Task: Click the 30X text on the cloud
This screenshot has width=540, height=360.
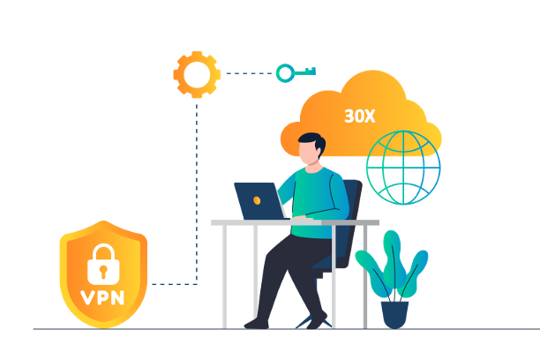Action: [x=359, y=116]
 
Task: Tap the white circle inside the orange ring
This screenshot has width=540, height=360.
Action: [x=197, y=76]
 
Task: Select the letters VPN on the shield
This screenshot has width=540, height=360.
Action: [x=103, y=296]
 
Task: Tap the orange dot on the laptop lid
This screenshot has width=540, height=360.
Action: [x=257, y=201]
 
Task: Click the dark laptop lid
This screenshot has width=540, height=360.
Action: [x=259, y=199]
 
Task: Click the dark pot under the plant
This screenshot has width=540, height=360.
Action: [x=394, y=313]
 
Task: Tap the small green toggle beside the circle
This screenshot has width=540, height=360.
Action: [x=286, y=73]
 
